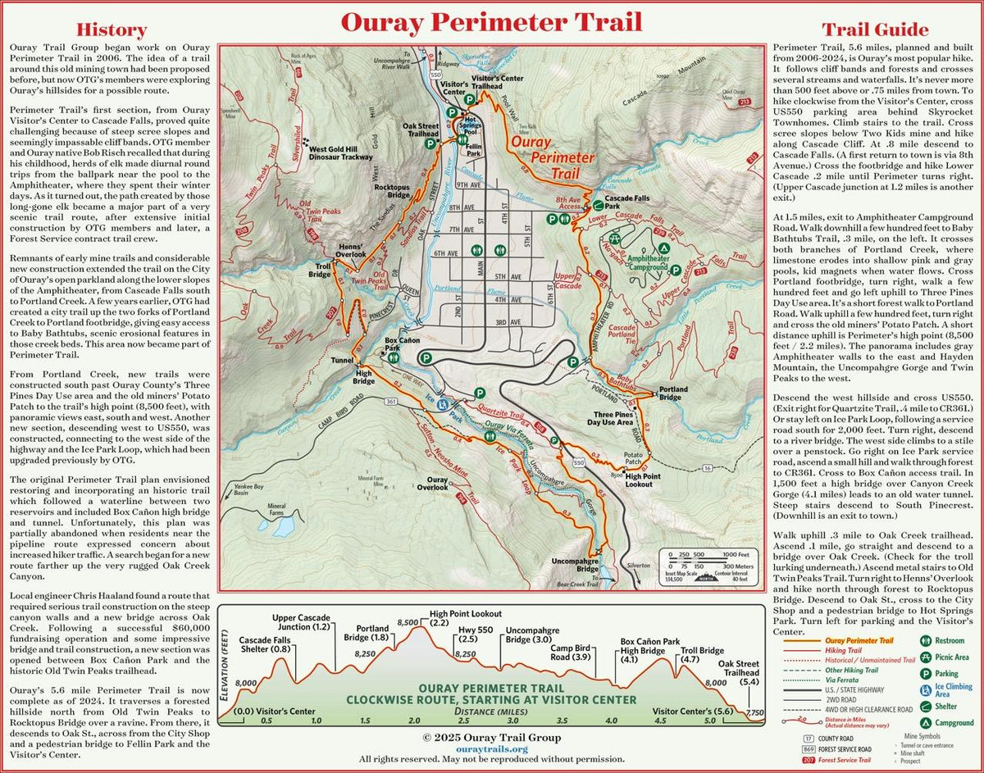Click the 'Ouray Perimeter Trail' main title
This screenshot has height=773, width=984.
click(x=491, y=22)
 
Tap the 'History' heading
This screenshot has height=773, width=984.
click(x=111, y=30)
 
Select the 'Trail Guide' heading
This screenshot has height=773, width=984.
click(x=874, y=30)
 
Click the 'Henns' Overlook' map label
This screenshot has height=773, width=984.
click(x=349, y=251)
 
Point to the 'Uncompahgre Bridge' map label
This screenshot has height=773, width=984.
click(x=576, y=566)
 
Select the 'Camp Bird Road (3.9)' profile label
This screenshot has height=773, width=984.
click(x=571, y=653)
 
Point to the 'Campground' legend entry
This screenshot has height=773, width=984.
click(x=954, y=723)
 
